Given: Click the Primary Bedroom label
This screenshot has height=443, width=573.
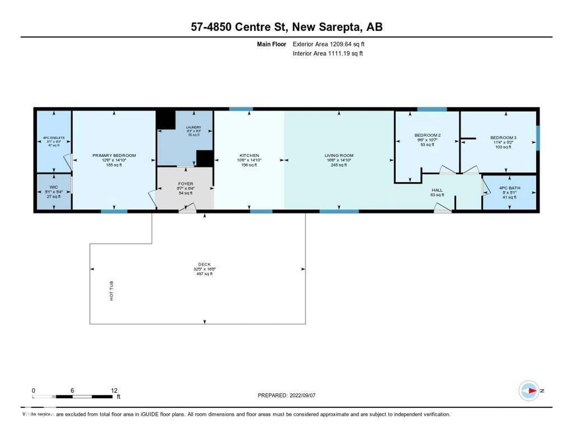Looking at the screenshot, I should [x=114, y=155].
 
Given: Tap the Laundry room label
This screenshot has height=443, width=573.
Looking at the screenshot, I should [x=194, y=127].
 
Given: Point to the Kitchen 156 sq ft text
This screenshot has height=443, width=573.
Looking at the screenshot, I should [x=249, y=165].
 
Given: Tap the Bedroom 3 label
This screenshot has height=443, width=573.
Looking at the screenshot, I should [x=503, y=138].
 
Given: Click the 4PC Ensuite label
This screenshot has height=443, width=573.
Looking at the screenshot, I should [x=54, y=138].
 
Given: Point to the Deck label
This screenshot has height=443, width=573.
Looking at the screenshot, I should [x=204, y=264].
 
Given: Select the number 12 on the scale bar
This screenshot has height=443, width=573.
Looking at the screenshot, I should [x=114, y=390].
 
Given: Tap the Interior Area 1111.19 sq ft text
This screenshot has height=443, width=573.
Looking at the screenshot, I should [x=327, y=54].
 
